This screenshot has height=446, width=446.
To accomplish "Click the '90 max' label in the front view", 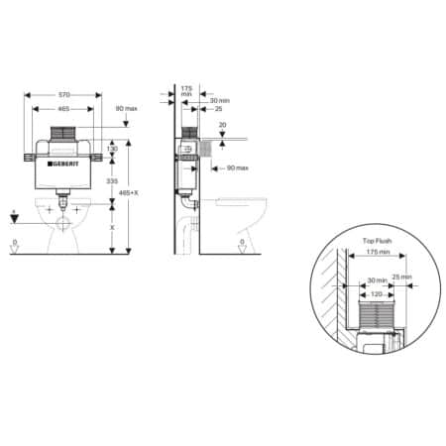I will click(x=126, y=108).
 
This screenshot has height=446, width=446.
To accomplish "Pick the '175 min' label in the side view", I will click(x=185, y=91).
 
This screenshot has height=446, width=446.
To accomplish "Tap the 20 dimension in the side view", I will click(x=222, y=125).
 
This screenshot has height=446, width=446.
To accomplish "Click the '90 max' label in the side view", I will click(x=236, y=168).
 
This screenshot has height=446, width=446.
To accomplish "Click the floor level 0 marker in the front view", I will click(x=13, y=243).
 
